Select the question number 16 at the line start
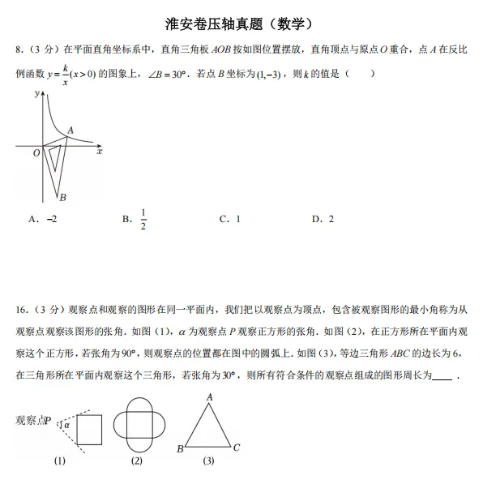20,310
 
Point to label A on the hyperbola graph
71,130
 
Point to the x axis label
99,152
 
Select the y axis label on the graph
36,94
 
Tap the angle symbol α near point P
66,423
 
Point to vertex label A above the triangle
209,396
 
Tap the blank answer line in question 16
442,375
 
